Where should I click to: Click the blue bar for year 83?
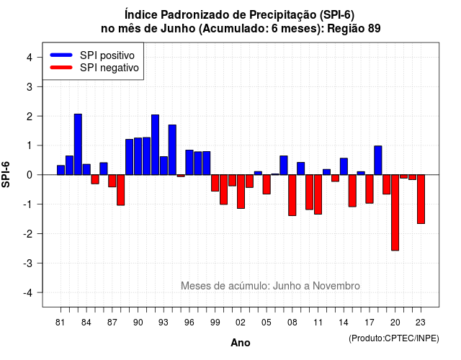coord(78,144)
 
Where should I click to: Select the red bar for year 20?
coord(395,212)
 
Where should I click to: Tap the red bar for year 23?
coord(421,199)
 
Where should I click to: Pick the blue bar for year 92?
coord(156,145)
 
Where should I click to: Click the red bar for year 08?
coord(292,195)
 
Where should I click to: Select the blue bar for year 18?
coord(378,160)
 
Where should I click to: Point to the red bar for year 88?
coord(121,190)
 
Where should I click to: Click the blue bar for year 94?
coord(172,150)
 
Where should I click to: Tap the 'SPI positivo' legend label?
coord(107,55)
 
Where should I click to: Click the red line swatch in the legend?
coord(61,68)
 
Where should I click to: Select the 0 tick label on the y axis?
coord(29,175)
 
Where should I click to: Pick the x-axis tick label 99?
coord(215,323)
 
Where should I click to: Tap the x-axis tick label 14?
coord(344,323)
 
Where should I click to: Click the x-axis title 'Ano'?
coord(241,343)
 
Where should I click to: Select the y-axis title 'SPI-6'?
coord(6,174)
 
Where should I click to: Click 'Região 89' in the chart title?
coord(354,29)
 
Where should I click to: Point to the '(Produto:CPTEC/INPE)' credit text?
coord(394,338)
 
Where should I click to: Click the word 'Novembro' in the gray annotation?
coord(336,286)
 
